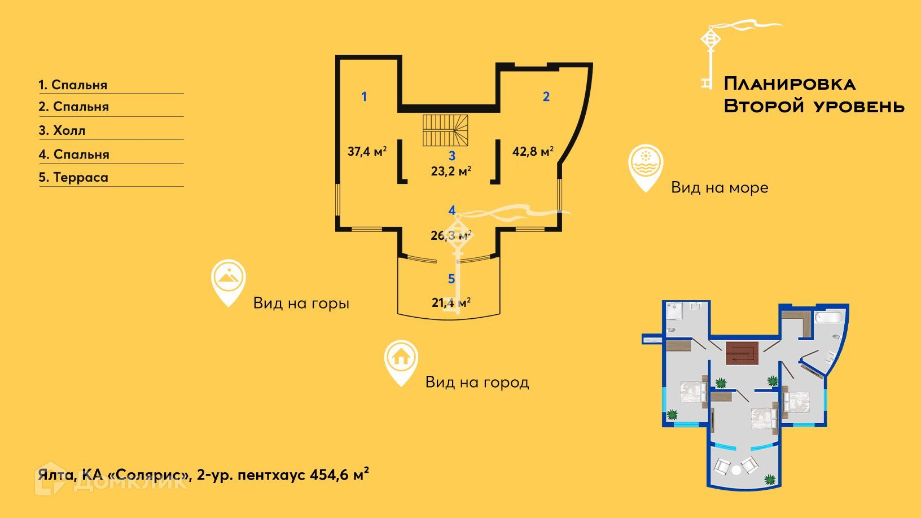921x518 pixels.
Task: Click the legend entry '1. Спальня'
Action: pos(73,85)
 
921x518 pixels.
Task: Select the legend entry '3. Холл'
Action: pos(62,130)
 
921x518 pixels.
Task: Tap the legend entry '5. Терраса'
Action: pos(73,177)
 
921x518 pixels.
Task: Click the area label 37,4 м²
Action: pos(367,151)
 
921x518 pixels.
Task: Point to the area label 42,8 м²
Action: pos(533,151)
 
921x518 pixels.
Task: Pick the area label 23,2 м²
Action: pos(451,170)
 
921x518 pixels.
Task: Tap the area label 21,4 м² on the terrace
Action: pos(451,302)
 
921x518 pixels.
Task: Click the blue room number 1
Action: pos(364,96)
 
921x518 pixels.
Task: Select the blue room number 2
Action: pos(546,96)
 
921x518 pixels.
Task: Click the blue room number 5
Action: pos(451,279)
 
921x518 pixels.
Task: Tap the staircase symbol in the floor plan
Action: pos(446,130)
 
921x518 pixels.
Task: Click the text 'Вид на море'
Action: pos(720,187)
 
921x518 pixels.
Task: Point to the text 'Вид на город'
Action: pos(477,382)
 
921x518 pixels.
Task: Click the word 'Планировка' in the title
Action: pos(790,84)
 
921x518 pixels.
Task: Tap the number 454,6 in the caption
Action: pos(330,475)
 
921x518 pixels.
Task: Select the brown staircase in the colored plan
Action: pos(744,353)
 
